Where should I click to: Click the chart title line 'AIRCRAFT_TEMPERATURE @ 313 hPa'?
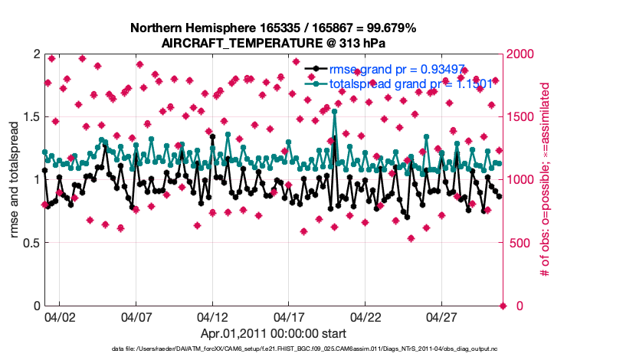click(274, 43)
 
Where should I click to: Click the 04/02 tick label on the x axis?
click(60, 316)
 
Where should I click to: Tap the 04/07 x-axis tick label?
click(136, 316)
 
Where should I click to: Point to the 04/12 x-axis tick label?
click(212, 316)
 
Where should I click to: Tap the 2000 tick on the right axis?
click(523, 54)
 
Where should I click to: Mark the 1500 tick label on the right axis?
click(523, 116)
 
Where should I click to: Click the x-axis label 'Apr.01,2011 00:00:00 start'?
click(274, 333)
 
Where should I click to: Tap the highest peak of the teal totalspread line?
click(335, 112)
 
